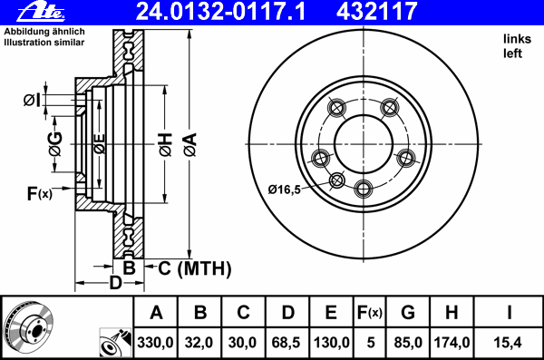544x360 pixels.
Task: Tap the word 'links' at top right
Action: pyautogui.click(x=516, y=38)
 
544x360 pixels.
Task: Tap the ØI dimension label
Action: pyautogui.click(x=32, y=99)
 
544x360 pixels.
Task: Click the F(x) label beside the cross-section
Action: pyautogui.click(x=40, y=193)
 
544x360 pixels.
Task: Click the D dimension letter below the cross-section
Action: pyautogui.click(x=115, y=283)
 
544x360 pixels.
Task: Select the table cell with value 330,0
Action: pyautogui.click(x=156, y=343)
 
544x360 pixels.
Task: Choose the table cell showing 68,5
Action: pyautogui.click(x=287, y=343)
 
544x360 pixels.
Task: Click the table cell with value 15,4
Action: pyautogui.click(x=510, y=343)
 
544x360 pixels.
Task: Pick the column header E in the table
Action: pyautogui.click(x=331, y=313)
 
